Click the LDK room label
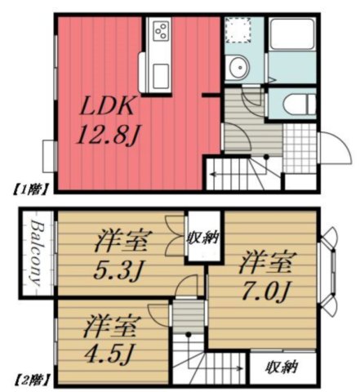click(107, 107)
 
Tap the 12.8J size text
click(108, 134)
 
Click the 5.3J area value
click(118, 269)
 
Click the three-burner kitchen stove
click(161, 31)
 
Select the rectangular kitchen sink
click(160, 77)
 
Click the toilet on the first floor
click(299, 105)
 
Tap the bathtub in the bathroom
click(292, 34)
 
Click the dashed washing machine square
click(238, 30)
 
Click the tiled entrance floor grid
click(300, 148)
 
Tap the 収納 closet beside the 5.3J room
click(203, 236)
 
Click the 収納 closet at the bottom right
click(282, 367)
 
